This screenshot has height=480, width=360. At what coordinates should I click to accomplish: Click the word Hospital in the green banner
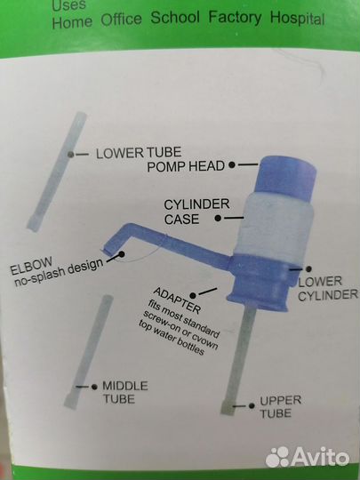[x=297, y=19]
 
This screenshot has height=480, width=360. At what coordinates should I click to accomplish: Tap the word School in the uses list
[x=175, y=17]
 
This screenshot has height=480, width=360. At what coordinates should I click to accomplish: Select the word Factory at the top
[x=235, y=17]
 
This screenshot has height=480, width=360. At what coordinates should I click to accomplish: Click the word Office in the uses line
[x=121, y=20]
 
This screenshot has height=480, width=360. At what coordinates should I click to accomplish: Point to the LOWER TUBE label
[x=139, y=153]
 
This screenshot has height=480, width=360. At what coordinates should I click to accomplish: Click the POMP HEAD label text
[x=186, y=166]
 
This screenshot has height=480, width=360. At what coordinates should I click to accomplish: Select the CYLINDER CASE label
[x=196, y=212]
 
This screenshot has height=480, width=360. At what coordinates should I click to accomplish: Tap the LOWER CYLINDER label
[x=327, y=288]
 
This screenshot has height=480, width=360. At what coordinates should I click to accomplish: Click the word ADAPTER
[x=177, y=300]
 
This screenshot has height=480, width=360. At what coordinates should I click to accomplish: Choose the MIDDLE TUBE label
[x=125, y=392]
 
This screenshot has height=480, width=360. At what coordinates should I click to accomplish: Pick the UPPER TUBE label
[x=280, y=407]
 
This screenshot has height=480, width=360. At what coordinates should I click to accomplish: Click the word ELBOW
[x=31, y=267]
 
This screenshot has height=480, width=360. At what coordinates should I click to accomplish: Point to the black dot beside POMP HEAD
[x=232, y=164]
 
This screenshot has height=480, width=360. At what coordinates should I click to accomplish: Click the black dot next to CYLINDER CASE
[x=218, y=219]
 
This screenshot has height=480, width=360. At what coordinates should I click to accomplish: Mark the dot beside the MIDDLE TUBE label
[x=94, y=388]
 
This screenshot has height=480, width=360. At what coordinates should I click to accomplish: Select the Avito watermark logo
[x=308, y=457]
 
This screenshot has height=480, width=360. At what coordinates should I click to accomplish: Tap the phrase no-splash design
[x=59, y=273]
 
